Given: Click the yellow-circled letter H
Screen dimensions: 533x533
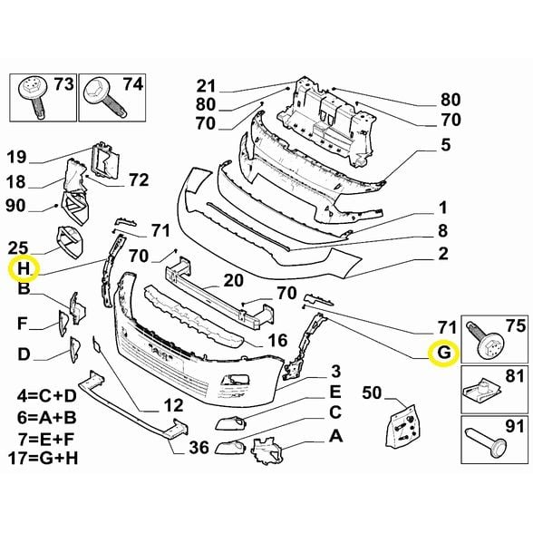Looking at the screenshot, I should point(24,268).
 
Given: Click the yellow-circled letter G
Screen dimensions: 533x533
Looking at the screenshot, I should point(443,352).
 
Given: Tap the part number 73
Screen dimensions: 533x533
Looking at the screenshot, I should point(66,86).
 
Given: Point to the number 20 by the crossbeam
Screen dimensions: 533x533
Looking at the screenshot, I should point(233,280).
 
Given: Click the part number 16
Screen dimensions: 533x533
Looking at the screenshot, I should point(276,340).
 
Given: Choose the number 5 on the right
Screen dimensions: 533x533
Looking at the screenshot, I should point(445,144).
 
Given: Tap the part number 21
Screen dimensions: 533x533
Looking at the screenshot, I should point(207,87).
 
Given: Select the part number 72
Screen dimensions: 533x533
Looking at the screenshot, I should point(138,180).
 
